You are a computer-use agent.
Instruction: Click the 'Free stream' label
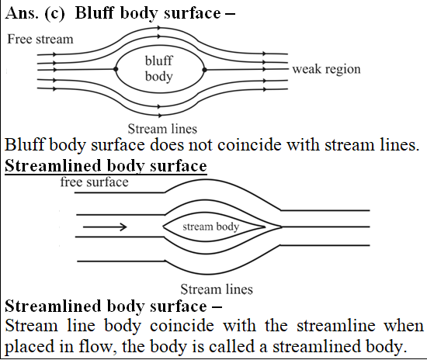40,40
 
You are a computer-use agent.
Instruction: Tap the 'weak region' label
326,69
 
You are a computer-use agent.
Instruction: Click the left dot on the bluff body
116,69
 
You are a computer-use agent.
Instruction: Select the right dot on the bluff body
204,70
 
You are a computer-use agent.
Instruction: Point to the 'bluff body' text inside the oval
158,68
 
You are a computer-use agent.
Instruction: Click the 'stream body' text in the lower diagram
210,227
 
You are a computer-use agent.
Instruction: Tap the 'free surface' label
94,182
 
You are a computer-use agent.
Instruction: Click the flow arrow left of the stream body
105,227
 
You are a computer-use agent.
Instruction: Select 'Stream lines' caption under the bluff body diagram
162,129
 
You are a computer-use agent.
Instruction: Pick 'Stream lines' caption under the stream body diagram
217,289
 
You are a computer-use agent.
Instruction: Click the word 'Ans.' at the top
22,13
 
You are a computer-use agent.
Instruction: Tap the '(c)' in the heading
55,14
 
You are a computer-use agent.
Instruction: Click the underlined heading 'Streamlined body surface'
106,166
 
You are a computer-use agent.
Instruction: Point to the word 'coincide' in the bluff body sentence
250,145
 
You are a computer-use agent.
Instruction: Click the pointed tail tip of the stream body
265,227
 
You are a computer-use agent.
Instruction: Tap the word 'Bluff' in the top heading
94,13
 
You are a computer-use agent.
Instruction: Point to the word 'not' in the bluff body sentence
200,145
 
